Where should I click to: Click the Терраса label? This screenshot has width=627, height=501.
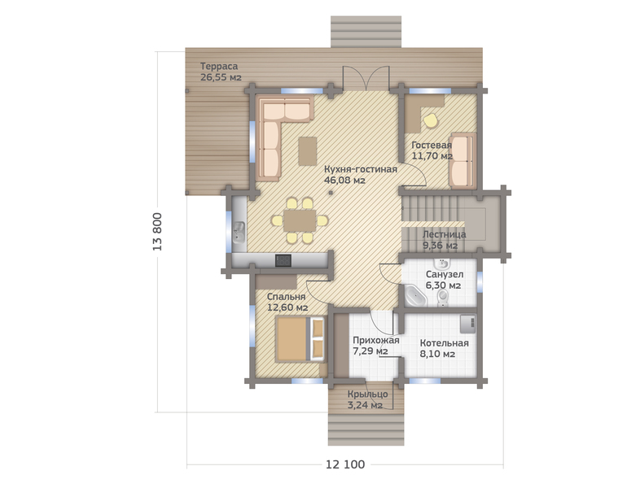click(219, 67)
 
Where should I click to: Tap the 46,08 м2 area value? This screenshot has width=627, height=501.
click(344, 181)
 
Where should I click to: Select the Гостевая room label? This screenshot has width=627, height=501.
click(432, 145)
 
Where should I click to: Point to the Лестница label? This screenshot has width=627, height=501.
click(445, 234)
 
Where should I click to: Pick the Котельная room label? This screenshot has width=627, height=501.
click(445, 343)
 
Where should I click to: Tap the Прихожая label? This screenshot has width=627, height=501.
click(376, 341)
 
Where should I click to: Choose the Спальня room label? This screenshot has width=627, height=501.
click(287, 297)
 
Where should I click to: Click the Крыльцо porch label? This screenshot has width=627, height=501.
click(367, 394)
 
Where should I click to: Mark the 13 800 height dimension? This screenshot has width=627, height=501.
click(157, 232)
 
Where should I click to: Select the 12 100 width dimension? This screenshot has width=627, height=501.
click(345, 464)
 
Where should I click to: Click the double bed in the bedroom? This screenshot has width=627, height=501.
click(300, 339)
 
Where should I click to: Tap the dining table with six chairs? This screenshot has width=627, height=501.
click(300, 220)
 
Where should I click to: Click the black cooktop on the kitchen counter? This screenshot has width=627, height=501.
click(283, 260)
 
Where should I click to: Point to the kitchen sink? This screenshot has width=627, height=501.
click(239, 232)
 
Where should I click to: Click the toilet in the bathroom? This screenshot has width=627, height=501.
click(443, 297)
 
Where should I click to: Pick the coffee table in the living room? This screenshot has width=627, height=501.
click(308, 151)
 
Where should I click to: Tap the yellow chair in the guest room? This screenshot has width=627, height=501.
click(431, 120)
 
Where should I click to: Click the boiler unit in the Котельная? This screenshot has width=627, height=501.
click(468, 324)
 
